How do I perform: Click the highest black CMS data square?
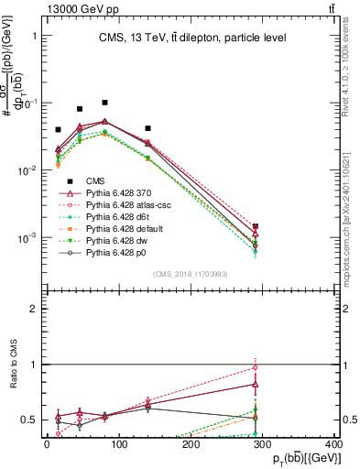pyautogui.click(x=105, y=103)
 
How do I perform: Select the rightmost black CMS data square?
pyautogui.click(x=256, y=226)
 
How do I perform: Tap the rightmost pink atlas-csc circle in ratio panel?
pyautogui.click(x=256, y=368)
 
